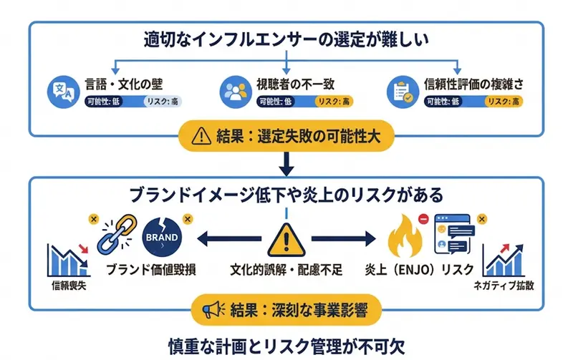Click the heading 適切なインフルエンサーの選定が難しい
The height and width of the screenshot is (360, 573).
pos(286,38)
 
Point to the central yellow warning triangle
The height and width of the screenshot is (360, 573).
pos(286,238)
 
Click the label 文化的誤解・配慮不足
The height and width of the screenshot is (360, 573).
pos(286,270)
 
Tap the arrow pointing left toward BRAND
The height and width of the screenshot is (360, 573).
pos(226,238)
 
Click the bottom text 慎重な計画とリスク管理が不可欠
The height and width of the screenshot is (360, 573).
pos(286,343)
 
